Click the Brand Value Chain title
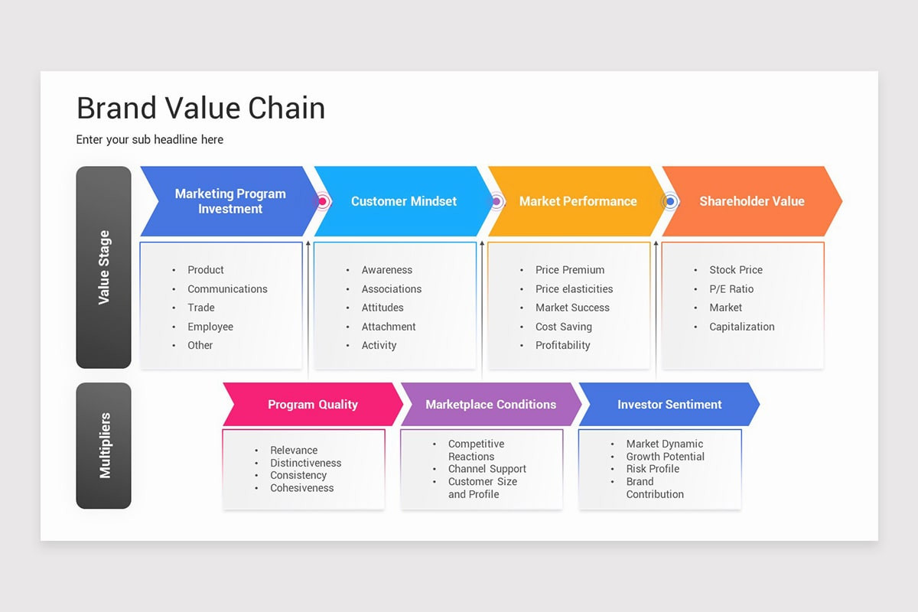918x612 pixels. (200, 109)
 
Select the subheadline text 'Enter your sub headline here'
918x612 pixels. (150, 140)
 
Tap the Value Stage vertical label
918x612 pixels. (104, 267)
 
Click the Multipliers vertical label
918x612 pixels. (104, 445)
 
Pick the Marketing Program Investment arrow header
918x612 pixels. (229, 201)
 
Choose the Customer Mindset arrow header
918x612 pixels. (403, 201)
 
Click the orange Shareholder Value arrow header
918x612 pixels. (751, 201)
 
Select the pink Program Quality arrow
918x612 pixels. (312, 405)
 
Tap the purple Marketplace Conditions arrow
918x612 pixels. (490, 405)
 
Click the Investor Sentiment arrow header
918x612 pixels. (669, 405)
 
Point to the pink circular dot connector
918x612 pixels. (323, 202)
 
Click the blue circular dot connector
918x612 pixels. (670, 202)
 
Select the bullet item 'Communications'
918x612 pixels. (227, 289)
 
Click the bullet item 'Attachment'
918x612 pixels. (389, 327)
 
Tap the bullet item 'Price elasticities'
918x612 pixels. (574, 289)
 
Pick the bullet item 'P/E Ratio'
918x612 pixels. (731, 289)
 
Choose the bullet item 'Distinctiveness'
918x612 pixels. (305, 463)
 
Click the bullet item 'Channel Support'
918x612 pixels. (487, 469)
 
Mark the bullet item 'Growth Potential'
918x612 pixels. (665, 457)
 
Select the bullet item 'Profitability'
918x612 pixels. (562, 346)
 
